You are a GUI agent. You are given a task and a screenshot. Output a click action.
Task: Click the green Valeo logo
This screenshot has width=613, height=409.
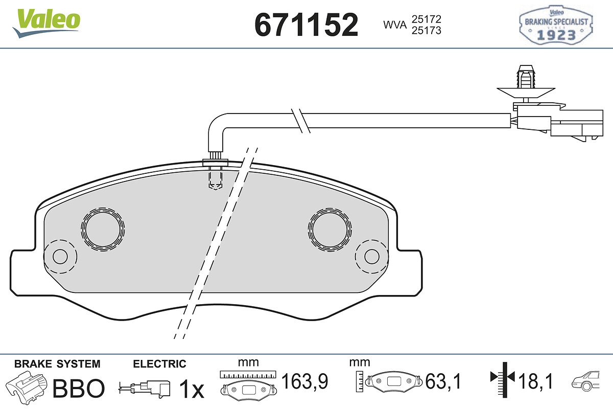[46, 24]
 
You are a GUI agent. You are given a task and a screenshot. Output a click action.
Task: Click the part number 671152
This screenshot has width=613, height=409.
[306, 25]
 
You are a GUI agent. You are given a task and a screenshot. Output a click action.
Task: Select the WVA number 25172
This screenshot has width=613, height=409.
[427, 19]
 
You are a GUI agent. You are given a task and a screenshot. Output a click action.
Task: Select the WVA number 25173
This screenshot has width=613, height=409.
[427, 30]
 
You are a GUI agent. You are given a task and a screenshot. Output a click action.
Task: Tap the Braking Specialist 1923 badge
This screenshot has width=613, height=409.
[556, 25]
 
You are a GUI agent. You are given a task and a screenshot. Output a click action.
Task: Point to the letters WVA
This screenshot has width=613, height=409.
[395, 25]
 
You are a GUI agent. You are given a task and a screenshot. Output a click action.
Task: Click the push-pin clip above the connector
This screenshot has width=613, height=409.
[526, 83]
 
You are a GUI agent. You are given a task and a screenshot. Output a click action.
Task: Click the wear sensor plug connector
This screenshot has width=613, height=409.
[558, 122]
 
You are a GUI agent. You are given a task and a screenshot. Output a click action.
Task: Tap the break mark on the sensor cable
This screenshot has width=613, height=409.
[301, 121]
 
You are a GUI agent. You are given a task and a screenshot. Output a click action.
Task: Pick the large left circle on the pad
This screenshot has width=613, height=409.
[103, 229]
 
